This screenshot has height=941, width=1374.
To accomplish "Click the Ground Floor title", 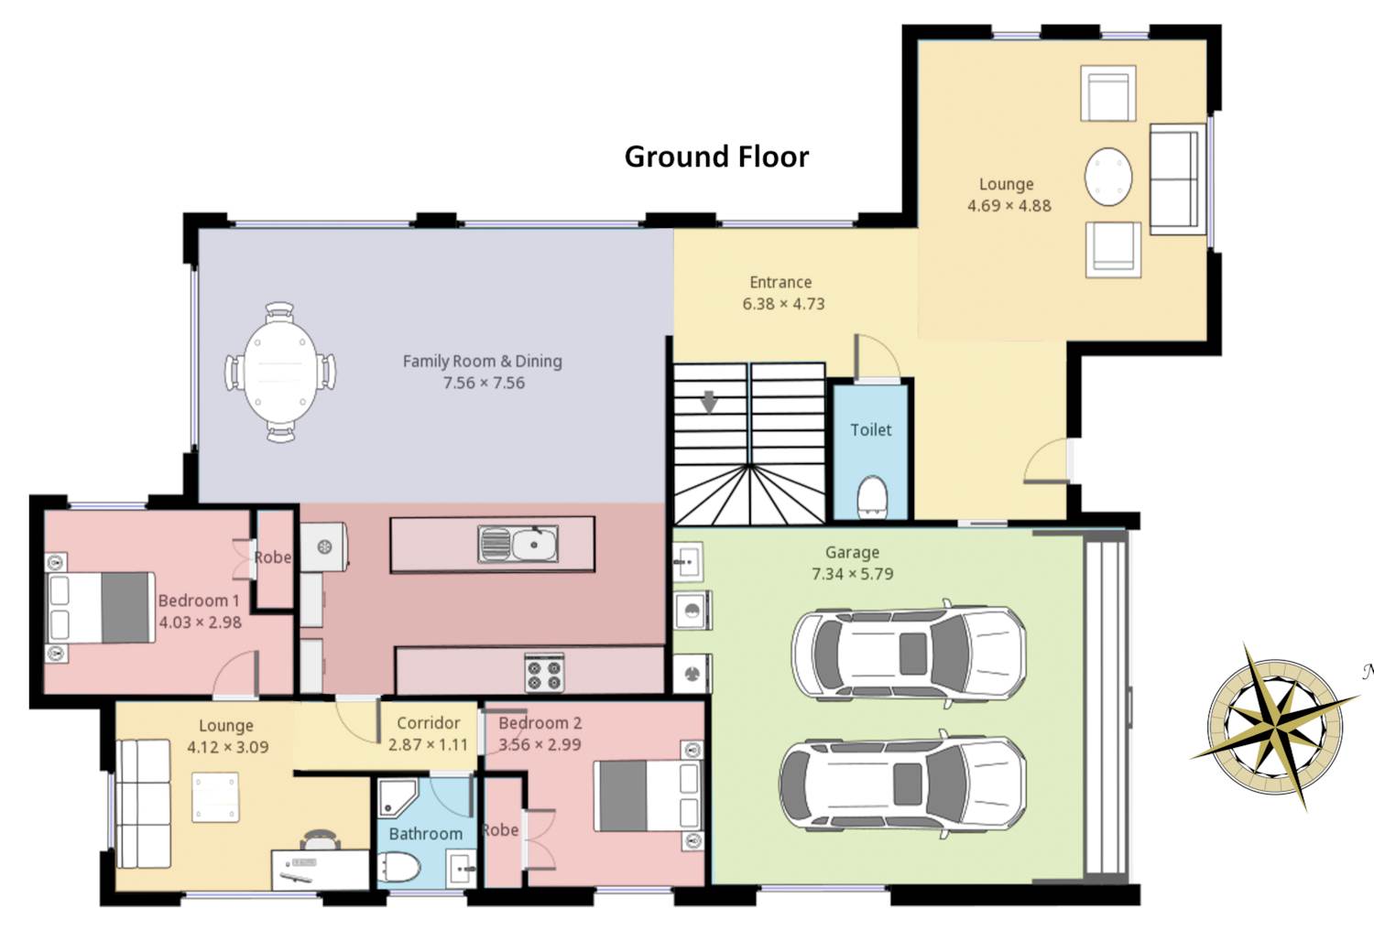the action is point(716,157).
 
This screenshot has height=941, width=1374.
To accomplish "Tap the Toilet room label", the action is point(870,429).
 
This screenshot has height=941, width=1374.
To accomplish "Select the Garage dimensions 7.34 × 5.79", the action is point(852,574).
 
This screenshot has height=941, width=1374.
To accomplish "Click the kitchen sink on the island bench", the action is point(518,544).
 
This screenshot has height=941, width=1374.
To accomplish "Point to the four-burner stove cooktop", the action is point(544,673).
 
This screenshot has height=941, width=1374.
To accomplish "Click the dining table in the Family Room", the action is point(280,373).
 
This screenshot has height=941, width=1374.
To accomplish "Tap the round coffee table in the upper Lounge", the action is point(1107,178).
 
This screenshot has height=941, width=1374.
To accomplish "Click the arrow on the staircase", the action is point(709,402).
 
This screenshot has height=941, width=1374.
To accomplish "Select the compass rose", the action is point(1276,728).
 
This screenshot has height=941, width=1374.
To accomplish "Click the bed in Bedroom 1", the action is point(100,608).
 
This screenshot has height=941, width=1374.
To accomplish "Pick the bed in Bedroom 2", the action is point(649,795).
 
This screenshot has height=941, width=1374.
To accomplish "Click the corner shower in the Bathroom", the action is point(397,797).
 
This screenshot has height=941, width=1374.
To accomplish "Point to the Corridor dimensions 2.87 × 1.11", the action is point(428,745).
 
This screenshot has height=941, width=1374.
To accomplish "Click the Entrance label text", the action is point(780,282).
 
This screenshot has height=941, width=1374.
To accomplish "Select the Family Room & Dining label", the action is point(482,361).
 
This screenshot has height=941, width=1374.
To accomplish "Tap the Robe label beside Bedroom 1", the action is point(273,557).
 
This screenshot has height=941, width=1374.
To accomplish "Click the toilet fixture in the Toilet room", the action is point(872,494).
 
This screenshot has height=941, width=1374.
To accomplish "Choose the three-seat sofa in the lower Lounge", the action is point(144,803).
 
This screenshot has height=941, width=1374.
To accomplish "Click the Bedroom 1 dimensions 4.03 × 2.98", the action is point(200,622).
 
